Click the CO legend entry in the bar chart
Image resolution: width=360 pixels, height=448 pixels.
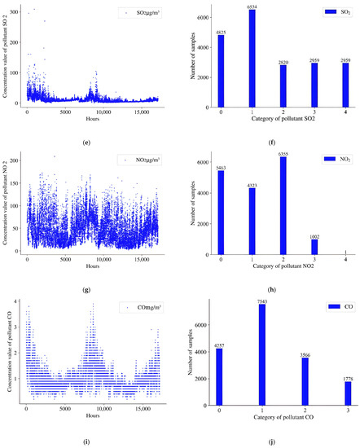[x=327, y=305]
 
